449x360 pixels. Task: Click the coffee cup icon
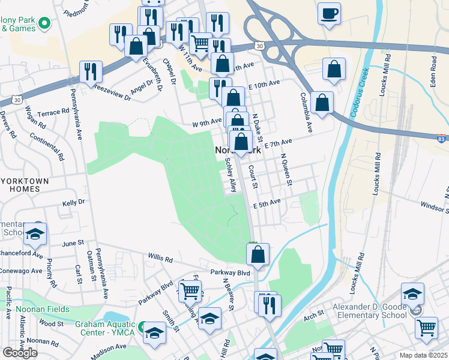pyautogui.click(x=329, y=13)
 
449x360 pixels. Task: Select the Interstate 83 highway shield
pyautogui.click(x=442, y=139)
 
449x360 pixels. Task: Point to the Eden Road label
pyautogui.click(x=433, y=70)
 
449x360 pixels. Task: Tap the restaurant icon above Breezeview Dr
pyautogui.click(x=91, y=71)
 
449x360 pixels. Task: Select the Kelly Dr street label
pyautogui.click(x=74, y=203)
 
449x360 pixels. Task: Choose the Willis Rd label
pyautogui.click(x=160, y=260)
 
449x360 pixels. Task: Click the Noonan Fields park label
pyautogui.click(x=43, y=309)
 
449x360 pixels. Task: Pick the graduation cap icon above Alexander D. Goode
pyautogui.click(x=412, y=293)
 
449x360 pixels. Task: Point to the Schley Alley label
pyautogui.click(x=230, y=175)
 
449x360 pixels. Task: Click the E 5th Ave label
pyautogui.click(x=267, y=203)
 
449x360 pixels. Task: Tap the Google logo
pyautogui.click(x=20, y=353)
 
